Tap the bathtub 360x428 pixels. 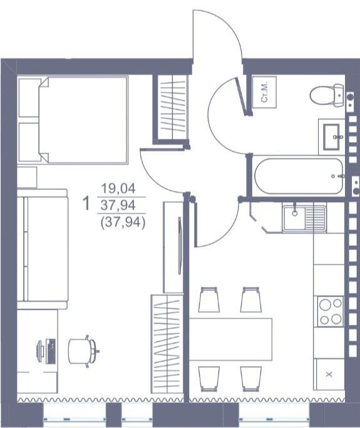(299, 176)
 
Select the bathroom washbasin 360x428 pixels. (331, 137)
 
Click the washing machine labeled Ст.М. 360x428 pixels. (264, 92)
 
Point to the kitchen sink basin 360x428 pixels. (294, 218)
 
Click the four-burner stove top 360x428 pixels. (330, 312)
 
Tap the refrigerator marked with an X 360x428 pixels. (330, 374)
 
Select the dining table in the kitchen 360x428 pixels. (230, 339)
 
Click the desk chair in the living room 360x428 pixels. (83, 351)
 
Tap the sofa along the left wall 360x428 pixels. (43, 248)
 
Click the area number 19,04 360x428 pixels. (118, 188)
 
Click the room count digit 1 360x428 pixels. (86, 203)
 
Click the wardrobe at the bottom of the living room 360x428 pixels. (167, 344)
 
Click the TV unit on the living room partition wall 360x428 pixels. (173, 247)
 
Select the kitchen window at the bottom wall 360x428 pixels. (274, 419)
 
